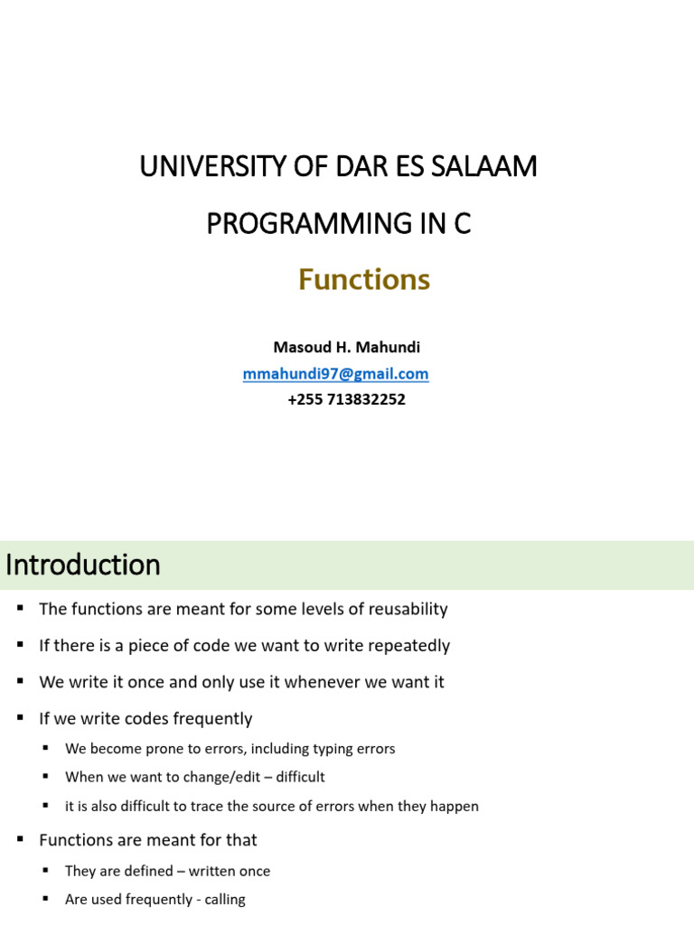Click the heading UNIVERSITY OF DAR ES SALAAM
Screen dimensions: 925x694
tap(338, 167)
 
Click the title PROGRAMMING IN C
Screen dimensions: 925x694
tap(339, 223)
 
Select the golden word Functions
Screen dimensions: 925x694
tap(364, 281)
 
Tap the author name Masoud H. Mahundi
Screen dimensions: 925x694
tap(346, 348)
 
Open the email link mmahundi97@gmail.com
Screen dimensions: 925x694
tap(335, 374)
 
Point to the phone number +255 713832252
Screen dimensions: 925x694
tap(346, 399)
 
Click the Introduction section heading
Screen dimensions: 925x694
tap(83, 565)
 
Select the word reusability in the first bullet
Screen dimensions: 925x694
tap(404, 610)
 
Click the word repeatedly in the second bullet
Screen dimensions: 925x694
tap(408, 646)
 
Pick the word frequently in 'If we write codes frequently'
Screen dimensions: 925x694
tap(209, 719)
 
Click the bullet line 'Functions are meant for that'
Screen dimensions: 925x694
tap(148, 840)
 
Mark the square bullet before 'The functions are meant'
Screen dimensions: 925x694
tap(19, 609)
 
